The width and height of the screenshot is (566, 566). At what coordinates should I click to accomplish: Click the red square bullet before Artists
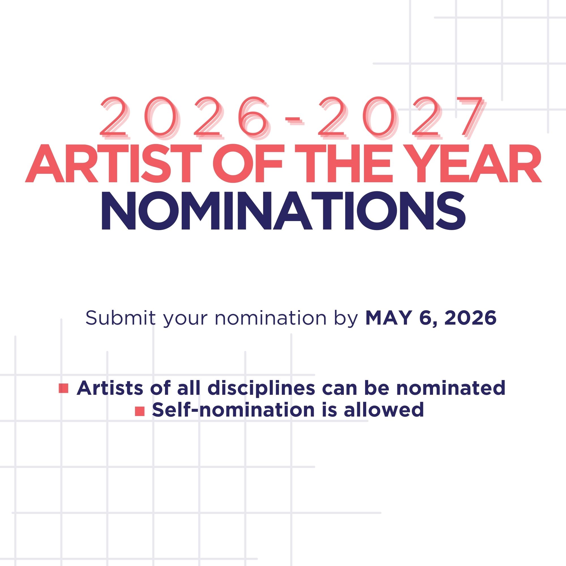click(64, 388)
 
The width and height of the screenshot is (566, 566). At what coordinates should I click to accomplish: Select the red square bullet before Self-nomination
click(140, 411)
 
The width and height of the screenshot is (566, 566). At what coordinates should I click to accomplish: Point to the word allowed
click(384, 410)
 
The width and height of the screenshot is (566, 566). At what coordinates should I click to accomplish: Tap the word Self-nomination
click(233, 410)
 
